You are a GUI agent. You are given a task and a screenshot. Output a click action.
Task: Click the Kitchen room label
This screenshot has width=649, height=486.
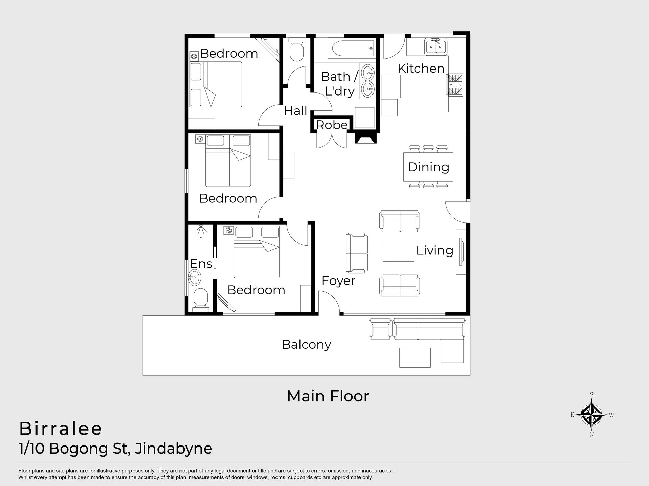[421, 69]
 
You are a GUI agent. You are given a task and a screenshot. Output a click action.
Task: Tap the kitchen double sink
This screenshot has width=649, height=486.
[436, 46]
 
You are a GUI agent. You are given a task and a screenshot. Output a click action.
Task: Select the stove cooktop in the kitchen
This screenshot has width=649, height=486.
[455, 85]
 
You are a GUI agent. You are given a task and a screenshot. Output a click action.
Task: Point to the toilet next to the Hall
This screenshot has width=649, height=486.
[297, 49]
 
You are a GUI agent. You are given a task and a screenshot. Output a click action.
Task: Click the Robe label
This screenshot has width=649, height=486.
[332, 125]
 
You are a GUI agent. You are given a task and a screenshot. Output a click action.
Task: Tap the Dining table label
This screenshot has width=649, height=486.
[428, 167]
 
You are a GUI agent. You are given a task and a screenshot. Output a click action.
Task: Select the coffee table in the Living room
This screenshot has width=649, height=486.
[399, 251]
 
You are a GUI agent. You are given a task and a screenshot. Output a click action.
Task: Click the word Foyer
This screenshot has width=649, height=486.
[338, 281]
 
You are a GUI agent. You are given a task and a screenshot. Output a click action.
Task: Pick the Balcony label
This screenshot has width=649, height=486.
[306, 345]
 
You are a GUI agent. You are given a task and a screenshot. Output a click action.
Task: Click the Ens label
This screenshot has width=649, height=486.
[201, 264]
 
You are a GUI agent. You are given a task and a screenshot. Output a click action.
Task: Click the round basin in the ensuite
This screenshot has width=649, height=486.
[194, 278]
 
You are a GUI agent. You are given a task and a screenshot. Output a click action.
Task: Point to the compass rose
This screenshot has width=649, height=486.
[592, 414]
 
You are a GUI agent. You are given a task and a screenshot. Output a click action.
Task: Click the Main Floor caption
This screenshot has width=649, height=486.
[328, 396]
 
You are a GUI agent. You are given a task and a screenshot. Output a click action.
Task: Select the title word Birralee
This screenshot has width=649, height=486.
[61, 429]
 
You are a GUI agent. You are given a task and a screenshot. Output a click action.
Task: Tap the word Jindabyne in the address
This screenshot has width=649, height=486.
[173, 449]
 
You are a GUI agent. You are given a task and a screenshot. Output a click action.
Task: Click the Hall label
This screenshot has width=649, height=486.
[295, 111]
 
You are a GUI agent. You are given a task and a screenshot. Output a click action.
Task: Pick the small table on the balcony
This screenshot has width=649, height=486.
[415, 357]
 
